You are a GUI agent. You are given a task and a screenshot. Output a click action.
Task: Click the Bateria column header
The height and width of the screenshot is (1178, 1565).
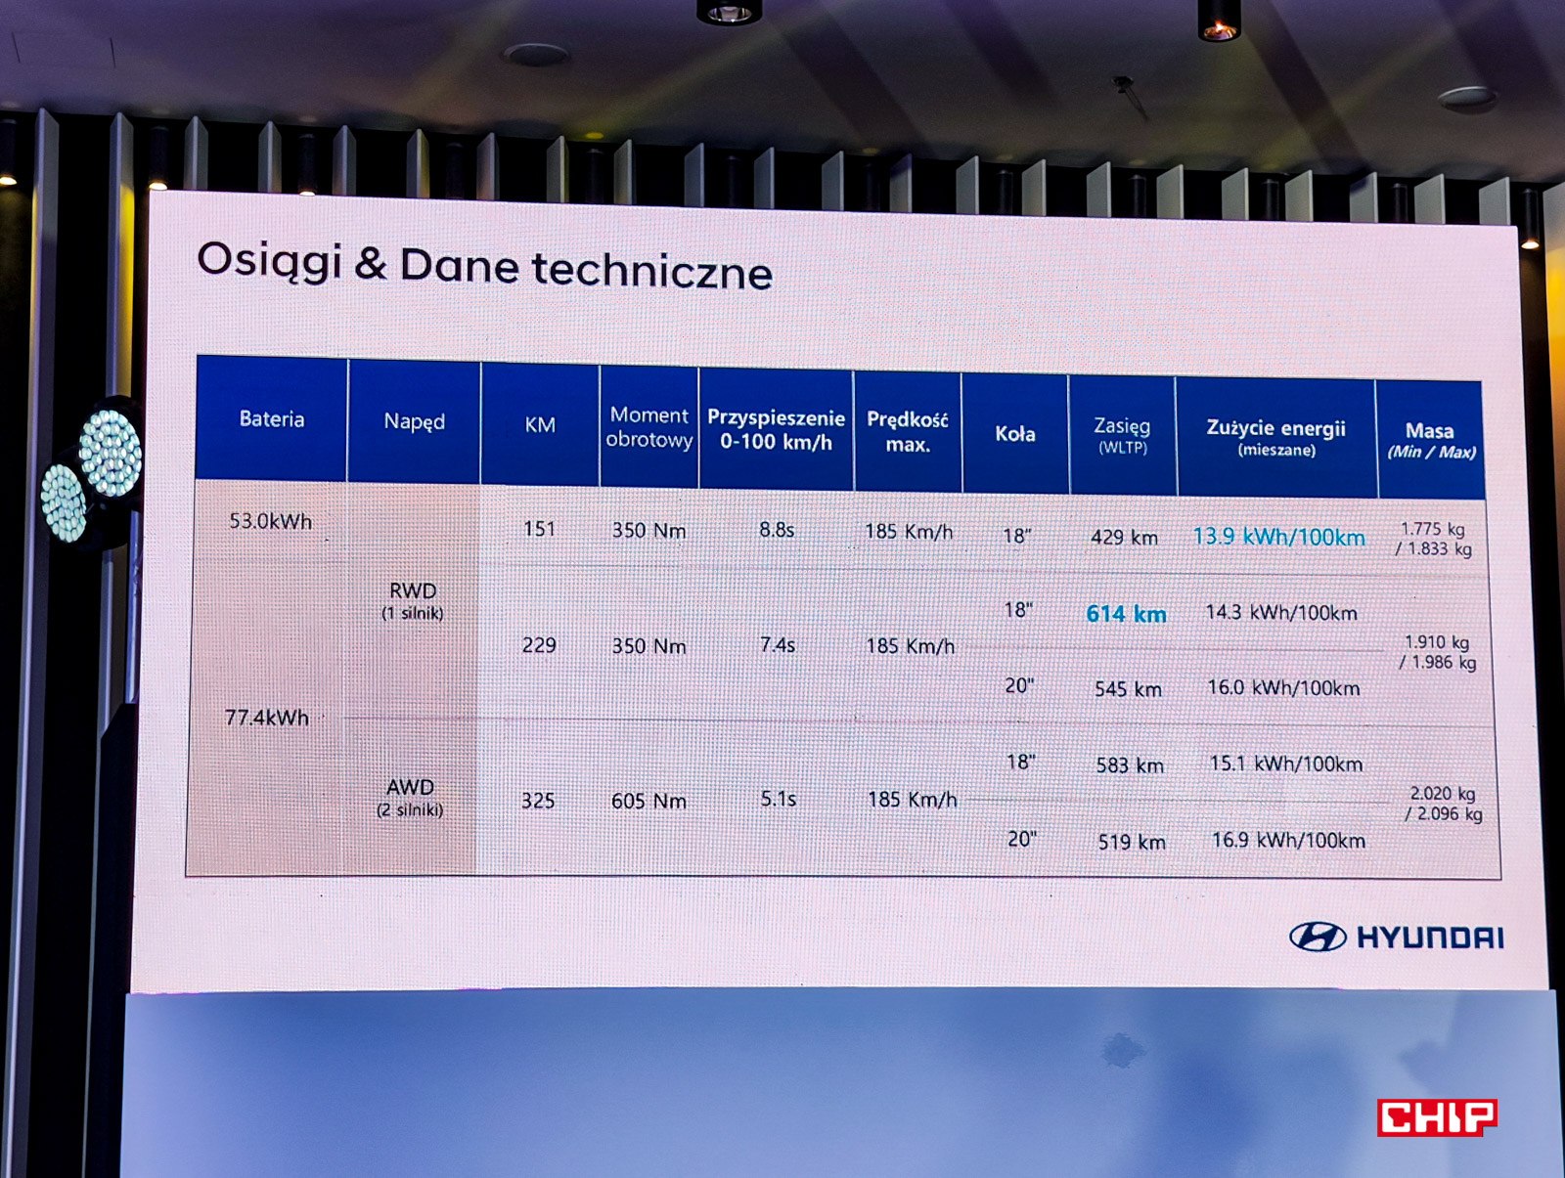point(272,419)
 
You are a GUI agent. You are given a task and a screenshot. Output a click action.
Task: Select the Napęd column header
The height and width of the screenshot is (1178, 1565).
point(415,421)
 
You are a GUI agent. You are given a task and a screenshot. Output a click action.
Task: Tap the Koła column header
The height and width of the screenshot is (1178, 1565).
point(1014,433)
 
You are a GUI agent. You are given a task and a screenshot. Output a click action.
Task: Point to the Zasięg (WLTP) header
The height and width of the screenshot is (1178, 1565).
point(1122,435)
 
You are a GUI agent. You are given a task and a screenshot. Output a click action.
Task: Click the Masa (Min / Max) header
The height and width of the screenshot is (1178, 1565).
point(1431,441)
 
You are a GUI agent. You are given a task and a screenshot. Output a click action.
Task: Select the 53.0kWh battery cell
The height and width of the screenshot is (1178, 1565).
point(270,522)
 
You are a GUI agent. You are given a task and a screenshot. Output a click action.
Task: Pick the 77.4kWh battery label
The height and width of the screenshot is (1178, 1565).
point(267,717)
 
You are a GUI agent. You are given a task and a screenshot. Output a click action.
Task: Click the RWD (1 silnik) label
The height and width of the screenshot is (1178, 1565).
point(413,600)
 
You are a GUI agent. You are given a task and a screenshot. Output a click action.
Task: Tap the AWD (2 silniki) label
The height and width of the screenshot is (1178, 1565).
point(410,798)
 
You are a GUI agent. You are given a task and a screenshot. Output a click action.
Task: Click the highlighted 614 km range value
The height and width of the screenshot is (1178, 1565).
point(1127,614)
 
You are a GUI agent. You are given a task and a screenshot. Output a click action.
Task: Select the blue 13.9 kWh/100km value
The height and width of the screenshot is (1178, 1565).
point(1279,537)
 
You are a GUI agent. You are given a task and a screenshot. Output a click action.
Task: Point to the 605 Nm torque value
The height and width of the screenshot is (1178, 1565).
point(648,801)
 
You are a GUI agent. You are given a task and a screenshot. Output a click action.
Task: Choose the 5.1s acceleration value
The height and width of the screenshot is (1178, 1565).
point(779,799)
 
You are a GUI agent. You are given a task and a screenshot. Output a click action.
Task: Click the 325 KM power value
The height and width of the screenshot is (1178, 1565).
point(538,801)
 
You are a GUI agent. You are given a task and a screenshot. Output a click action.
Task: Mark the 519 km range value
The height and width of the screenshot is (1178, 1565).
point(1132,843)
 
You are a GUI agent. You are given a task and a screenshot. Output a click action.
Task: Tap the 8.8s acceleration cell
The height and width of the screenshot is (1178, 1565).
point(778,530)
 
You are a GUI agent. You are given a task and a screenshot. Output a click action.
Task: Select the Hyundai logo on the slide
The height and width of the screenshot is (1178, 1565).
point(1397,937)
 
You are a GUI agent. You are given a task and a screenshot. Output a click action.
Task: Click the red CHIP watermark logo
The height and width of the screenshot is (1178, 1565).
point(1437,1116)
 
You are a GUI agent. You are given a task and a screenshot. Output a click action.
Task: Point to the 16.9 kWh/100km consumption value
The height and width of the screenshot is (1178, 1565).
point(1289,840)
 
